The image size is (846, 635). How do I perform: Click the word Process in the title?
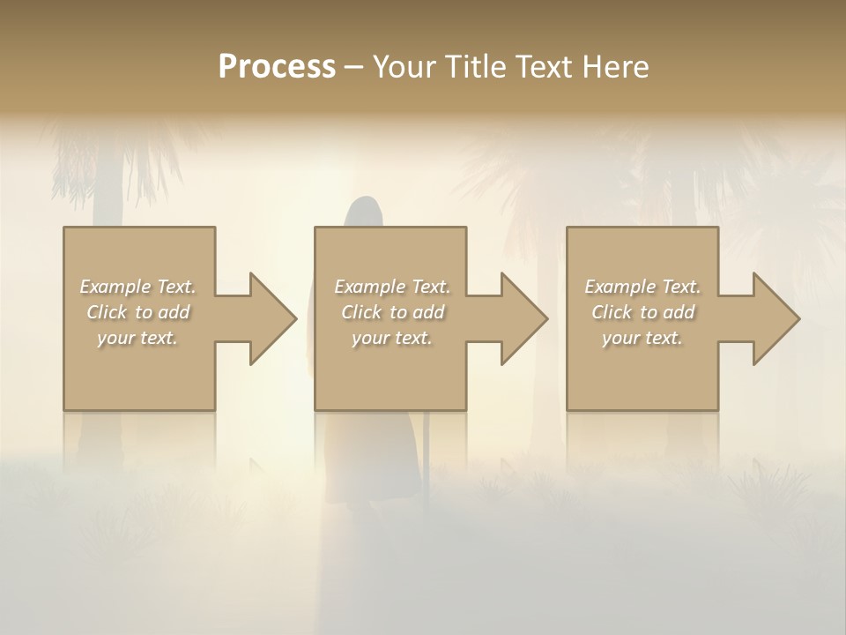point(277,67)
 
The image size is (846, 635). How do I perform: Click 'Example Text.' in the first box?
point(138,287)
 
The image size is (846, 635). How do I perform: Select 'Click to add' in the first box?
point(138,312)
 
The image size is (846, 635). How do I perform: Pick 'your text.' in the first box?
point(138,338)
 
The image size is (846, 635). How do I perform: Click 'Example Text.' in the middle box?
point(392,287)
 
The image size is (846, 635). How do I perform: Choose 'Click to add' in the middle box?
point(392,312)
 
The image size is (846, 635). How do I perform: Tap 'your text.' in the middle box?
point(392,338)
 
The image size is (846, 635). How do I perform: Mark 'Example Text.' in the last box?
point(642,287)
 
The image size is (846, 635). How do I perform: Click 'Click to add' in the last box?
point(642,312)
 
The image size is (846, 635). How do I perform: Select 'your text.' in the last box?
point(642,338)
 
